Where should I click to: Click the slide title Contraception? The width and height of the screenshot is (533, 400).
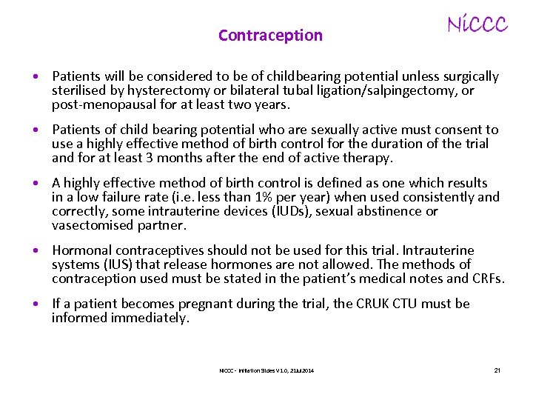270,36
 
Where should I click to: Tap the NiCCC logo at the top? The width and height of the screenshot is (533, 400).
477,25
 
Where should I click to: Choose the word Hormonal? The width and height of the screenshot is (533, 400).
83,250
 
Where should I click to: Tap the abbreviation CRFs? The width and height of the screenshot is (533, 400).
486,279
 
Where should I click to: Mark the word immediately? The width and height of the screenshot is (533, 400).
150,318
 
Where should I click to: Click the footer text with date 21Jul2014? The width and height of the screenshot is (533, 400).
266,370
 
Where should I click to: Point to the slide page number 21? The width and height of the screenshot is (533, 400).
497,370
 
